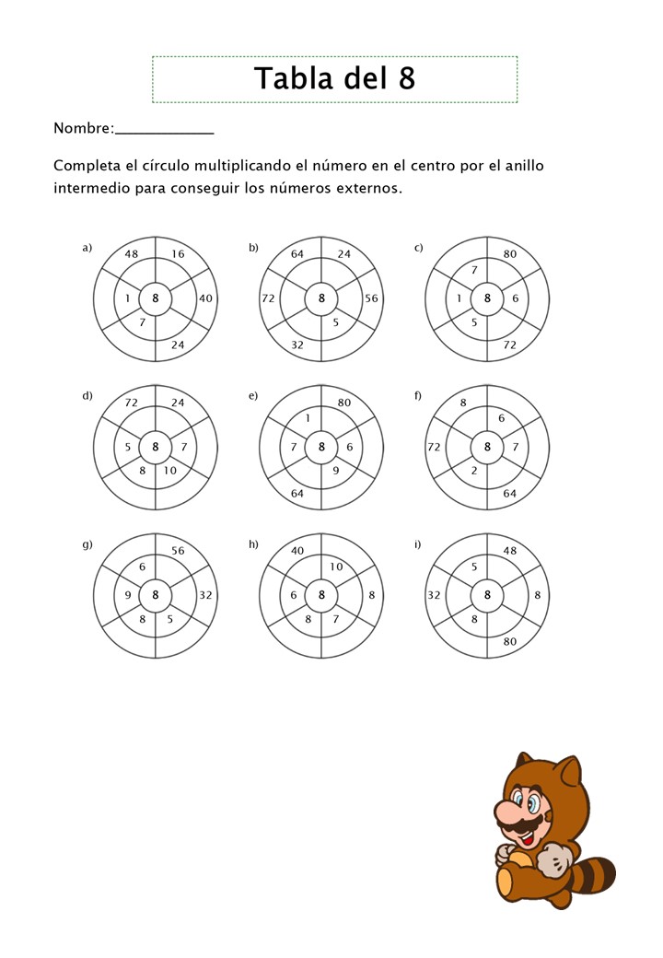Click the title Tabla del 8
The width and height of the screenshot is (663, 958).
click(x=334, y=79)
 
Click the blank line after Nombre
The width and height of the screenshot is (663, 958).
click(x=165, y=130)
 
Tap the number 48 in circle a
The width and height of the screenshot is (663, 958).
click(x=132, y=255)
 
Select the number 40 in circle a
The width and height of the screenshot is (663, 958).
click(x=205, y=298)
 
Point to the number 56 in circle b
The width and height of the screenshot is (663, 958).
click(x=371, y=298)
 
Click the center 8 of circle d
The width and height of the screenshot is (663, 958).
click(x=156, y=447)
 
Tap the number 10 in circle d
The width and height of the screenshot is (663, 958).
click(x=170, y=471)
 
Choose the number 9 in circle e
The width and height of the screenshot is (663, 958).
click(x=336, y=471)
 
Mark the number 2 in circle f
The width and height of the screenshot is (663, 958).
click(x=474, y=471)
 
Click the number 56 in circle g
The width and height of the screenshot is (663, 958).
click(x=178, y=551)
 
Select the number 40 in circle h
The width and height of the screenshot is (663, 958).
click(x=297, y=551)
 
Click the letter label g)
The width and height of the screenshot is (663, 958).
click(x=87, y=544)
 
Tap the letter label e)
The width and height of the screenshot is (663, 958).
click(x=253, y=396)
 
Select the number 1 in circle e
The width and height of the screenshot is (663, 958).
click(x=307, y=419)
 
